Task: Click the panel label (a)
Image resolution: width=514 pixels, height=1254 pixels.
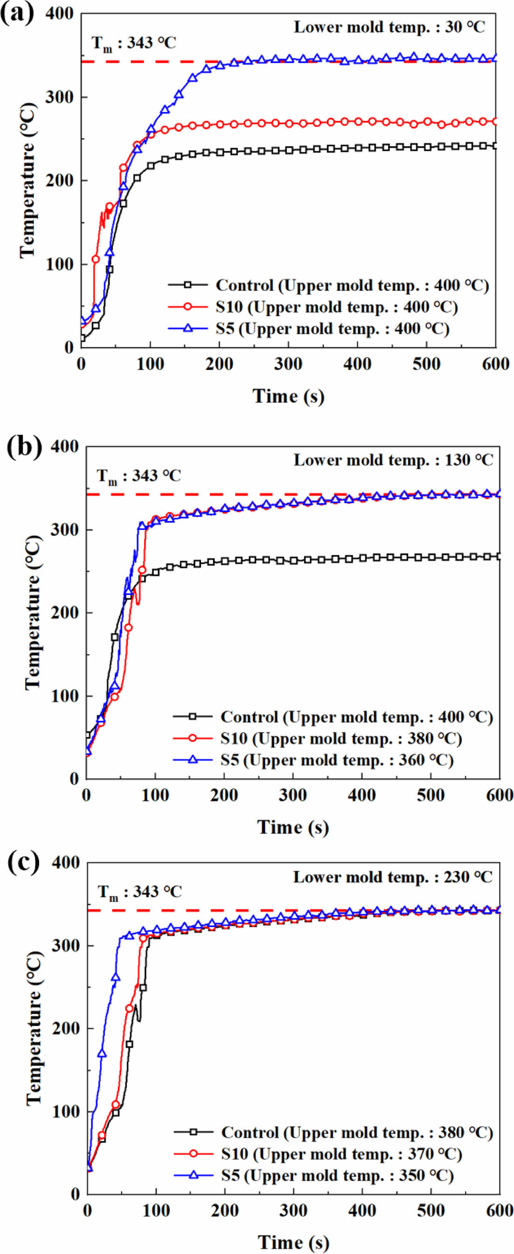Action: (x=18, y=14)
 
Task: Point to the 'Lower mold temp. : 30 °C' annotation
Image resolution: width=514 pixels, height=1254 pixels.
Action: (x=389, y=27)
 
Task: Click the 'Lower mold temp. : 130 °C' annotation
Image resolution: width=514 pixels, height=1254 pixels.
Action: (x=393, y=460)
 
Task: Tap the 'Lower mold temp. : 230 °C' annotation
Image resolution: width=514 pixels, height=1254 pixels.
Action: (x=393, y=877)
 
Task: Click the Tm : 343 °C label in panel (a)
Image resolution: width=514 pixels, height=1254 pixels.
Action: (x=133, y=43)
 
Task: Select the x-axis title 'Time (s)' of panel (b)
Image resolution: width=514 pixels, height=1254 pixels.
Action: (x=293, y=827)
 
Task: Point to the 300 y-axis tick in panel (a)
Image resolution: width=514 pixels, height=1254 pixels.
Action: (x=59, y=97)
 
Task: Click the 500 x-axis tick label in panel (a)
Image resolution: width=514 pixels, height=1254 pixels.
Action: (x=426, y=364)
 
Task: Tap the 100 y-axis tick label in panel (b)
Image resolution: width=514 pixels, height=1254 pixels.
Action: (x=64, y=696)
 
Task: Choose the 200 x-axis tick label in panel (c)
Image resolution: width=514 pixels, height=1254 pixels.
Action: (x=225, y=1211)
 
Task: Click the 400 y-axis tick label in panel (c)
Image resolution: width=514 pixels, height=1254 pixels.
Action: (x=65, y=862)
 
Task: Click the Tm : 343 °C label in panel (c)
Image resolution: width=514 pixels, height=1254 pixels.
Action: (x=140, y=892)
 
